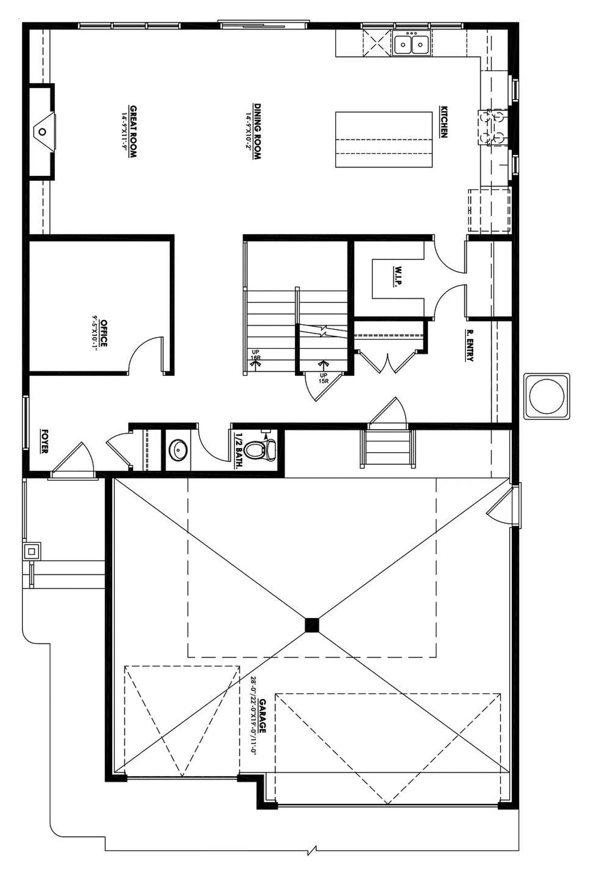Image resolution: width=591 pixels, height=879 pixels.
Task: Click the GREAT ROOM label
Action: point(133,131)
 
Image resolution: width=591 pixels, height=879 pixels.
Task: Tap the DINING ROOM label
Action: point(257,131)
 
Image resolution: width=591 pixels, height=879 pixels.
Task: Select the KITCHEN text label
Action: point(444,122)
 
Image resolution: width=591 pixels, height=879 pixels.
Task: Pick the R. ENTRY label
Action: point(469,345)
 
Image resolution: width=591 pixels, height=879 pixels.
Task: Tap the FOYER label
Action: point(45,441)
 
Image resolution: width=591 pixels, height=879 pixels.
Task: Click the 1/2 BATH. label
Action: point(238,451)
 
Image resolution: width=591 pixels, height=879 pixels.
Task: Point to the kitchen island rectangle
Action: point(384,139)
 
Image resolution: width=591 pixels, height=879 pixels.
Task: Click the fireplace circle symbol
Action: point(42,132)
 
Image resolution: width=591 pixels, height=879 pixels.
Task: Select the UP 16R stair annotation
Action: point(256,355)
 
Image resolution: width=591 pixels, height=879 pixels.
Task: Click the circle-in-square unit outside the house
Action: point(547,396)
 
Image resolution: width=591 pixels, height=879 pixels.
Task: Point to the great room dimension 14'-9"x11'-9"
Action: point(124,131)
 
